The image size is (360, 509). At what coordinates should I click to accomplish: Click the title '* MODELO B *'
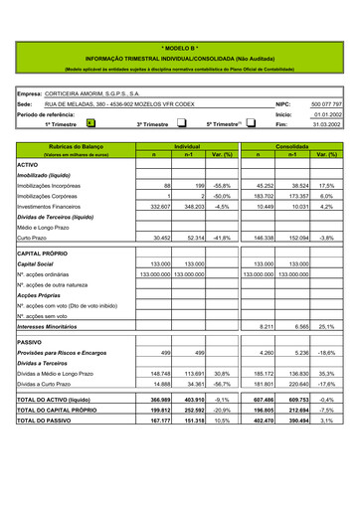[180, 47]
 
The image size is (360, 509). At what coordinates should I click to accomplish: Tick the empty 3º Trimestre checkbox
[181, 124]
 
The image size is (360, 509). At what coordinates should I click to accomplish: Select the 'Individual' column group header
[188, 146]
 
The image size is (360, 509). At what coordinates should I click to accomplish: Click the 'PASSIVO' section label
[29, 341]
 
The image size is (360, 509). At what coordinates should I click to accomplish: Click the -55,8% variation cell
[222, 185]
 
